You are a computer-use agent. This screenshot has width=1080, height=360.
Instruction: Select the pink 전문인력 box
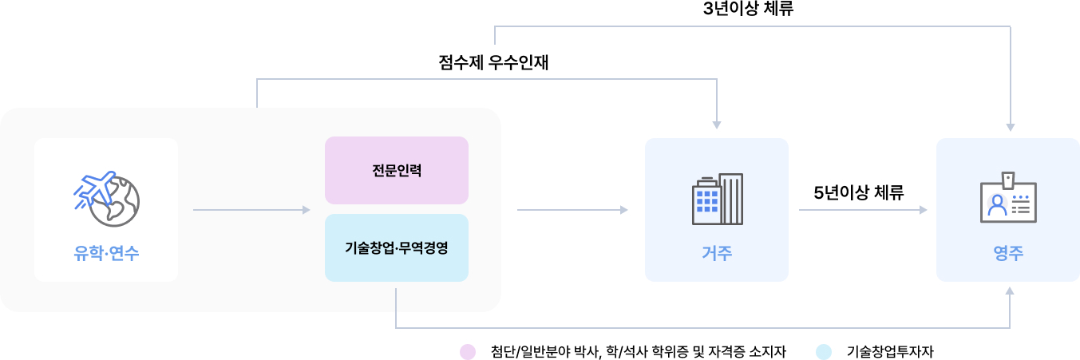[x=396, y=170]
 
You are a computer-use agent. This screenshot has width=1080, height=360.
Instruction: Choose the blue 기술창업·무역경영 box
[x=396, y=247]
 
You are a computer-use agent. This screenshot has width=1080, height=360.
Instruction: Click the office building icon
[x=717, y=200]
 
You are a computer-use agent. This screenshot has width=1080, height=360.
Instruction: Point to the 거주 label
[x=717, y=254]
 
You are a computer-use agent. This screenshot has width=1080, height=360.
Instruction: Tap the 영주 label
[x=1008, y=254]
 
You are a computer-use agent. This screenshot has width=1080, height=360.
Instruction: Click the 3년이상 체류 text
[x=748, y=10]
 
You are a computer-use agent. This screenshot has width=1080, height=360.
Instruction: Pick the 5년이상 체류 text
[x=859, y=192]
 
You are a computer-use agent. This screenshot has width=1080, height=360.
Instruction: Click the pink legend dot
[x=468, y=351]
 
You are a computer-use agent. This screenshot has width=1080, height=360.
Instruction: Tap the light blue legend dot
[x=825, y=351]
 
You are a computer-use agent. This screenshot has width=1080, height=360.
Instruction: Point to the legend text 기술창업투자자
[x=890, y=351]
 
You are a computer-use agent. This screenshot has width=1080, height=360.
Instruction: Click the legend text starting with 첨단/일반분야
[x=639, y=351]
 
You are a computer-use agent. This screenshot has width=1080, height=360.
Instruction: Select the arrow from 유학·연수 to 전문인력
[x=251, y=210]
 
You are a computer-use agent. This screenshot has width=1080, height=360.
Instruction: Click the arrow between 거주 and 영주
[x=863, y=210]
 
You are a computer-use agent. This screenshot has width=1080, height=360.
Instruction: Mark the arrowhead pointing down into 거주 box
[x=717, y=124]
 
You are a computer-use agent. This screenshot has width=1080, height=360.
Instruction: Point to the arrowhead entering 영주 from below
[x=1010, y=291]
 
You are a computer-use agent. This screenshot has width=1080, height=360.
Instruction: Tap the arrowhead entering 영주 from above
[x=1011, y=125]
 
